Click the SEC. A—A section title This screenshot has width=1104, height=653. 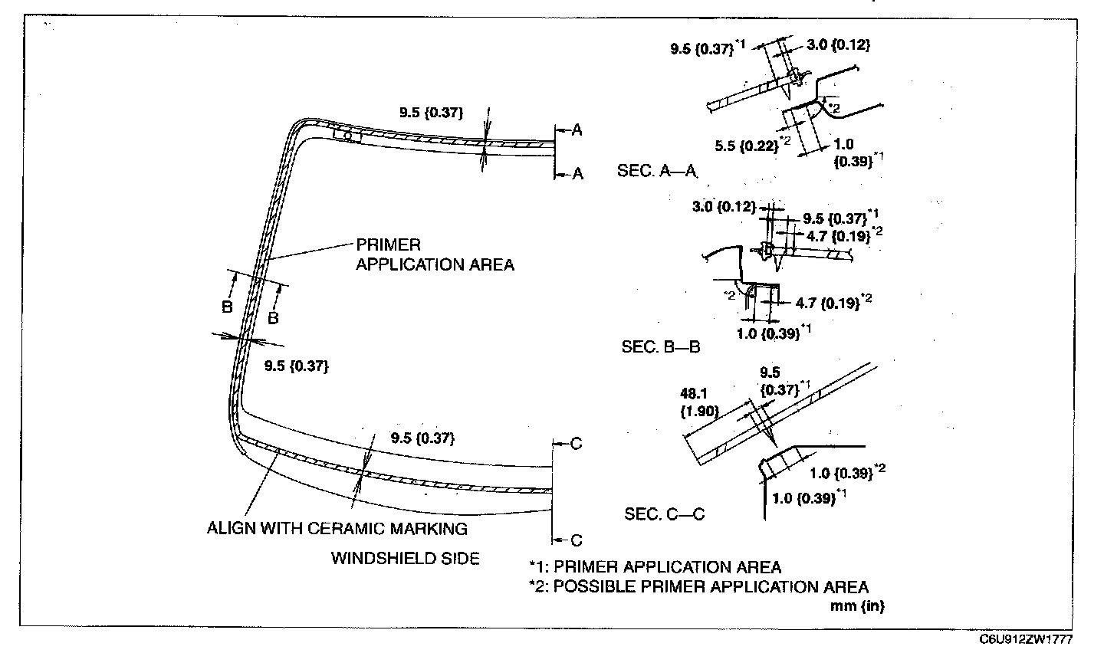(658, 171)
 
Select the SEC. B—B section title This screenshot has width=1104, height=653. (660, 347)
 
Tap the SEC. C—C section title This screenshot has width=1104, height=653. (665, 514)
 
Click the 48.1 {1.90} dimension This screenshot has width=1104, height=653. (699, 402)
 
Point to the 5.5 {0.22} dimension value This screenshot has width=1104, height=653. (747, 146)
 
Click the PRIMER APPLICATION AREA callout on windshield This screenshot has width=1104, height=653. (435, 254)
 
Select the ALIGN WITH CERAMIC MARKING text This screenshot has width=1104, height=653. (337, 528)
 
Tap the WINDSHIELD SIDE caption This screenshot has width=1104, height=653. (405, 559)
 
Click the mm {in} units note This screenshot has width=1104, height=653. (858, 605)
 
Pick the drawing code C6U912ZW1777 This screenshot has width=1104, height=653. (1026, 640)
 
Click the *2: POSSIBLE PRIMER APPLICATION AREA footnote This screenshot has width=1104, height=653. (699, 586)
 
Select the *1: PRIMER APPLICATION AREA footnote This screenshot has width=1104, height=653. (655, 567)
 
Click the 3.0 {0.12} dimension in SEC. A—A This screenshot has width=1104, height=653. (839, 45)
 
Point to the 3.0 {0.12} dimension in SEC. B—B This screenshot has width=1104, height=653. (724, 206)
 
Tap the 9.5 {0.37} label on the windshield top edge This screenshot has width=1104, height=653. (431, 113)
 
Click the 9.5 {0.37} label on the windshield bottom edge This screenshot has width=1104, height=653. (423, 438)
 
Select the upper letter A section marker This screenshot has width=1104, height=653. (577, 130)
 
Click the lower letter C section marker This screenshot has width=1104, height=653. (577, 540)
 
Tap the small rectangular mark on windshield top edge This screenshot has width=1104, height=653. (347, 135)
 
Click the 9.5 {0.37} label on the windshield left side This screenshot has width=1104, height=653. (296, 366)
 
